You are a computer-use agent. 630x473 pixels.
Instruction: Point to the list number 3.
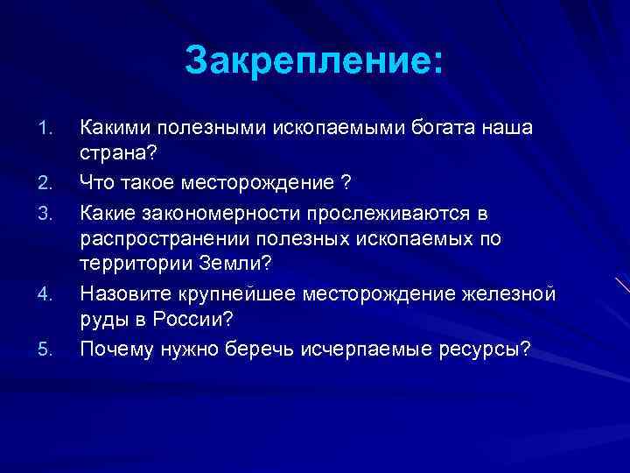pos(48,212)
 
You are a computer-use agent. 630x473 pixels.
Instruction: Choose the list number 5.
pos(48,349)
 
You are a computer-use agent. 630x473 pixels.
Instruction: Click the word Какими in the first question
pos(113,129)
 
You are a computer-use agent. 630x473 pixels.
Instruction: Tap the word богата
pos(437,129)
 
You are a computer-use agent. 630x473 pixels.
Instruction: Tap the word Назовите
pos(122,293)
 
